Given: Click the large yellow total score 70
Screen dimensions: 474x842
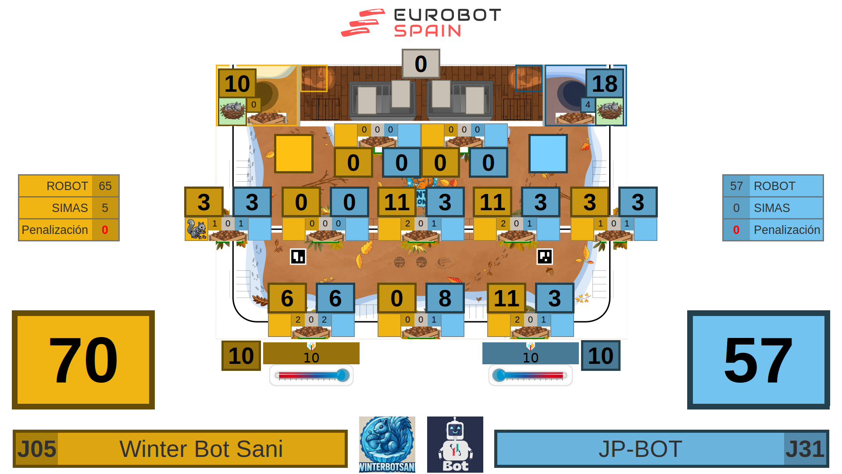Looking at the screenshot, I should point(83,360).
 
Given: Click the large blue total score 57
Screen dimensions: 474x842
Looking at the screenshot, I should point(758,360).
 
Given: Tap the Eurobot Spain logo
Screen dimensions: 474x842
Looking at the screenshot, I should point(421,23).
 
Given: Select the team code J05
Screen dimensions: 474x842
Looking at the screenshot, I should point(37,449).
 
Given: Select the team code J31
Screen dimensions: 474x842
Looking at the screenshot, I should point(805,449).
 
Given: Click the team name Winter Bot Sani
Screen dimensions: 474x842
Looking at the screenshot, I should point(201,449).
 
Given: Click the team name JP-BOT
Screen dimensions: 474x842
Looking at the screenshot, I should point(640,449).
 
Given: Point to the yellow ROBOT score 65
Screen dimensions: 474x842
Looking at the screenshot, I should point(105,186).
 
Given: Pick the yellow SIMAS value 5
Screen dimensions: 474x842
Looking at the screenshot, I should point(105,208).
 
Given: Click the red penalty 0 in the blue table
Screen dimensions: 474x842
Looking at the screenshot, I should point(736,230).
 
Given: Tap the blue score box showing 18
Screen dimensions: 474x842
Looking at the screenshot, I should point(604,83).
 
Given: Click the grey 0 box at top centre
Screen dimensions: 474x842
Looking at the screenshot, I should point(421,64).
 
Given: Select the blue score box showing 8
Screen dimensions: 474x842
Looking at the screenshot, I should point(445,298).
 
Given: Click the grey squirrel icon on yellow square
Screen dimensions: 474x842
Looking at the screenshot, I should point(196,229).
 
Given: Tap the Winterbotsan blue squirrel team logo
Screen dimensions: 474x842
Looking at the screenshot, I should point(387,444).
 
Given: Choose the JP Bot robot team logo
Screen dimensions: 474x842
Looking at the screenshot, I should point(455,444).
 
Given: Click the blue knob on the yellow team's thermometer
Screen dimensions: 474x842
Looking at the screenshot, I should point(343,375).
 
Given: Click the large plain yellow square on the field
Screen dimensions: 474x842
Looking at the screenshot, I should point(294,154).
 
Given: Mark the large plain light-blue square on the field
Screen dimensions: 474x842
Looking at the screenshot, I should point(548,154).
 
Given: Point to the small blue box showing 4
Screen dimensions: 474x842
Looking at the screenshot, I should point(588,104).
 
